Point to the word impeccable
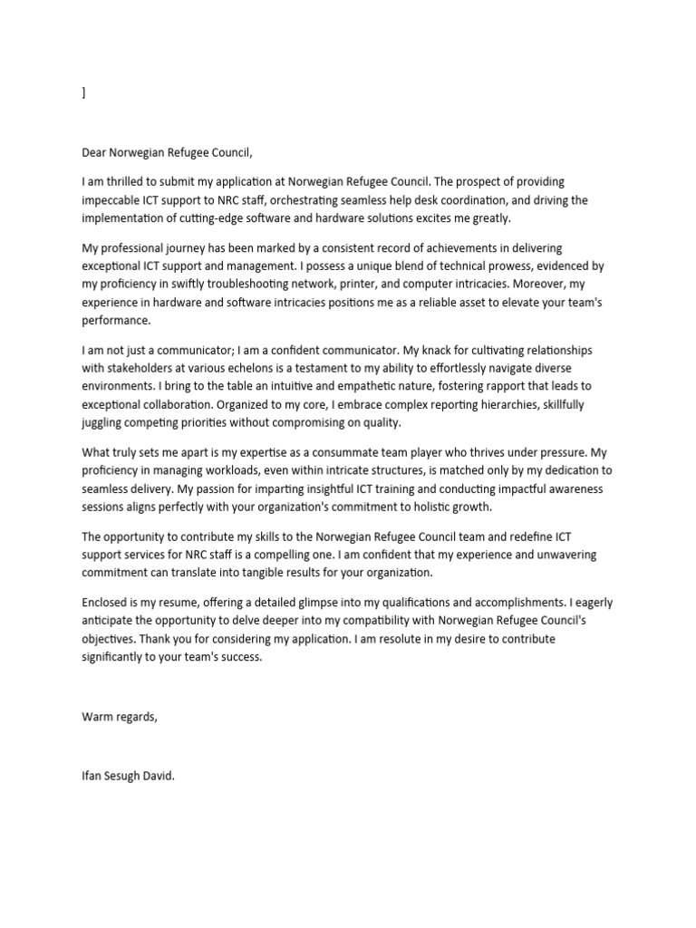click(x=114, y=199)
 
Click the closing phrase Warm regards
click(x=119, y=717)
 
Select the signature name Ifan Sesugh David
click(x=128, y=776)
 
